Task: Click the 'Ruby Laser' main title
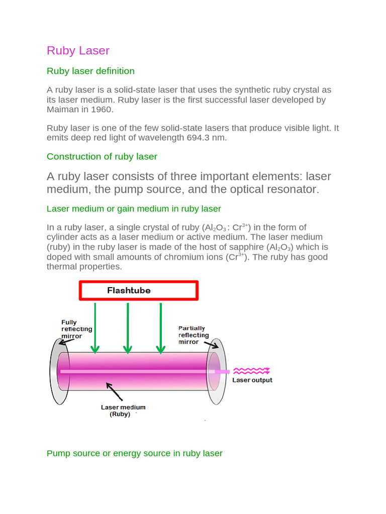point(78,51)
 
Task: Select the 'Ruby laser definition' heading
point(90,71)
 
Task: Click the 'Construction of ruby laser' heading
point(102,157)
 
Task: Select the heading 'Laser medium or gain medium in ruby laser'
point(134,208)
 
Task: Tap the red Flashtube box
point(138,291)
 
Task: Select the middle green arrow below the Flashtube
point(128,326)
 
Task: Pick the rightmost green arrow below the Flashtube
point(160,326)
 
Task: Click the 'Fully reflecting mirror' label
point(76,329)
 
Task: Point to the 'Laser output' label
point(252,380)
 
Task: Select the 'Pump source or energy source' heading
point(134,453)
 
